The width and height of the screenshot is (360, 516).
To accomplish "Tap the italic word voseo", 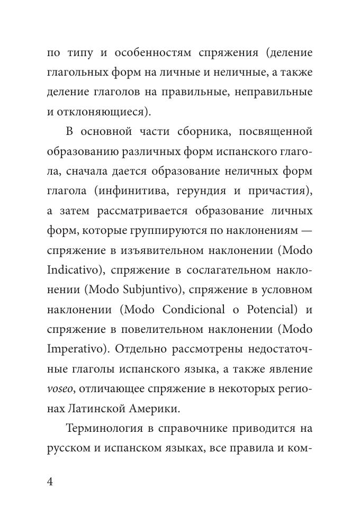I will pos(60,389).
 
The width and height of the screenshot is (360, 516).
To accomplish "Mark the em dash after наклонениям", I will pos(306,231).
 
